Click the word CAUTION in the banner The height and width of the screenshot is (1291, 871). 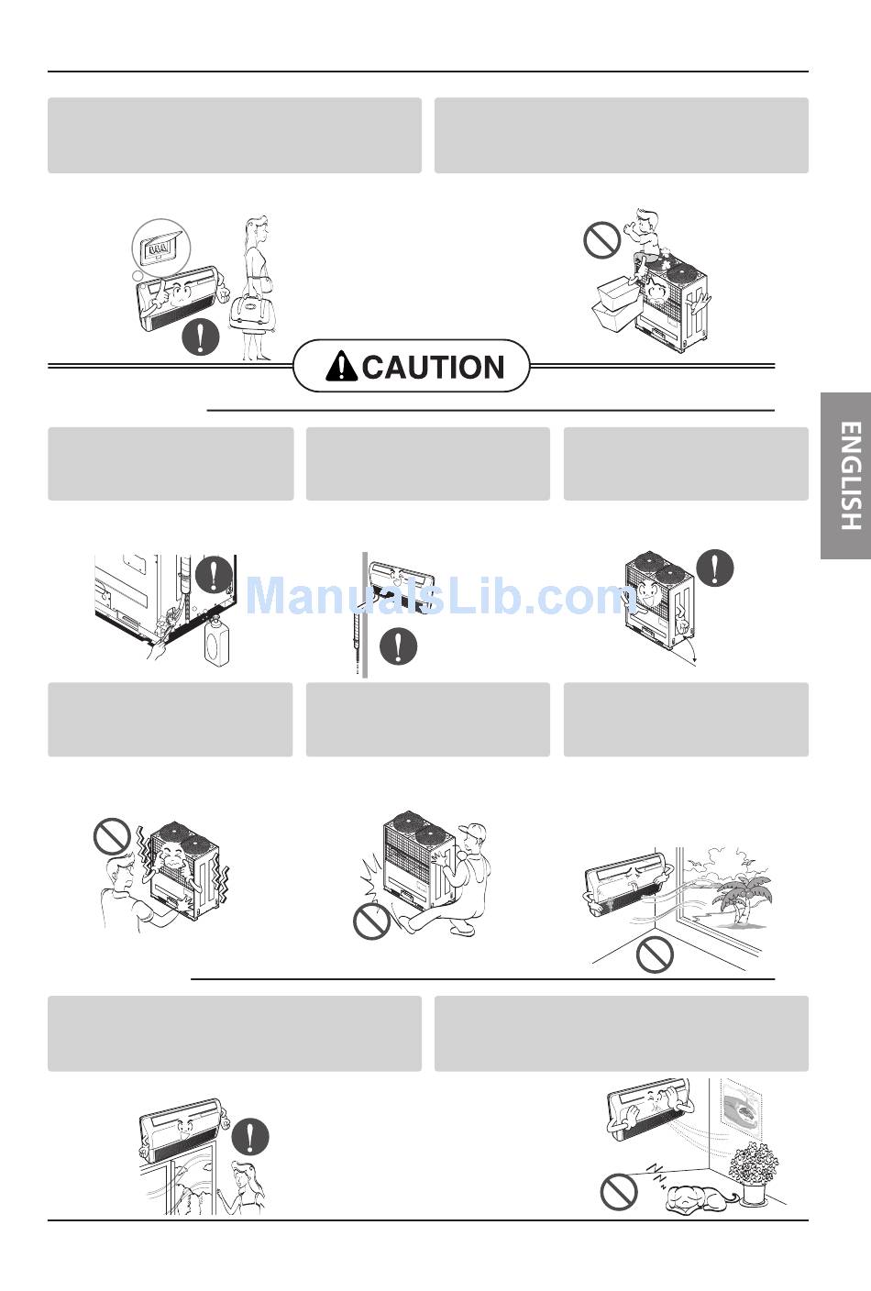pyautogui.click(x=434, y=367)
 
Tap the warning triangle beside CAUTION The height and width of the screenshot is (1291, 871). pyautogui.click(x=341, y=366)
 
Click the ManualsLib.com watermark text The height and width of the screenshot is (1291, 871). pyautogui.click(x=442, y=597)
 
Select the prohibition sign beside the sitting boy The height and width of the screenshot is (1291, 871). pyautogui.click(x=601, y=240)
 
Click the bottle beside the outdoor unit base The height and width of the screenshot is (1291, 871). pyautogui.click(x=216, y=640)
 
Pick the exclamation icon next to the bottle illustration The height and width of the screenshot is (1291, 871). pyautogui.click(x=214, y=573)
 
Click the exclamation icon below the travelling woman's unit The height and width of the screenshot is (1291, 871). pyautogui.click(x=201, y=337)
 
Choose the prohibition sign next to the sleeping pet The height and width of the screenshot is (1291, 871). pyautogui.click(x=619, y=1192)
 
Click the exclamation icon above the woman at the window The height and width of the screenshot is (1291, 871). pyautogui.click(x=250, y=1137)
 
